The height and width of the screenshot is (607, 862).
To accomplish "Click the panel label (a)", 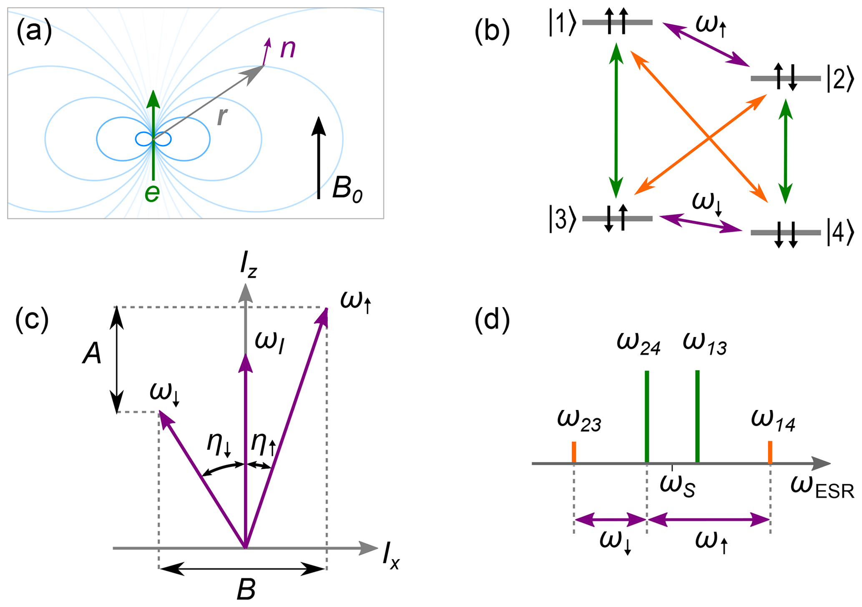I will point(34,32).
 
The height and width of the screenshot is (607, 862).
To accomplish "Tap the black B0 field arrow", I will point(319,158).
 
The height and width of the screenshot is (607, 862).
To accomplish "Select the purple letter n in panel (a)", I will point(288,49).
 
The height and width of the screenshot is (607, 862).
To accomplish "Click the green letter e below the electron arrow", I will point(152,193).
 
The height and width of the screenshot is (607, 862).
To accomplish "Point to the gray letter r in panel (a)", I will point(222,116).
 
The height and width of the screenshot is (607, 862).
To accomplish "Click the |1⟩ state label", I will point(563,24).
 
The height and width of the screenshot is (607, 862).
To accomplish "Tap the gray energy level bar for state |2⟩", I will point(785,78).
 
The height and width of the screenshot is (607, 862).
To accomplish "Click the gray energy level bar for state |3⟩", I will point(617,219).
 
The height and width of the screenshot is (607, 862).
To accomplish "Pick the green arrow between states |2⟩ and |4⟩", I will point(786,152).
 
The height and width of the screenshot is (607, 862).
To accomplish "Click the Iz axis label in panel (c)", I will point(249,265).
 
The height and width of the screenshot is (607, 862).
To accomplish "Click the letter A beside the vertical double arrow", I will point(92,355).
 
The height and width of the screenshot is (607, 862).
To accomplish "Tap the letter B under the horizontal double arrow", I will point(246,590).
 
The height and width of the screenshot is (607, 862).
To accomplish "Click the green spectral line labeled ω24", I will point(647,417).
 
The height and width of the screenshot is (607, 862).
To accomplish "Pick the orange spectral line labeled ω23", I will point(574,452).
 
